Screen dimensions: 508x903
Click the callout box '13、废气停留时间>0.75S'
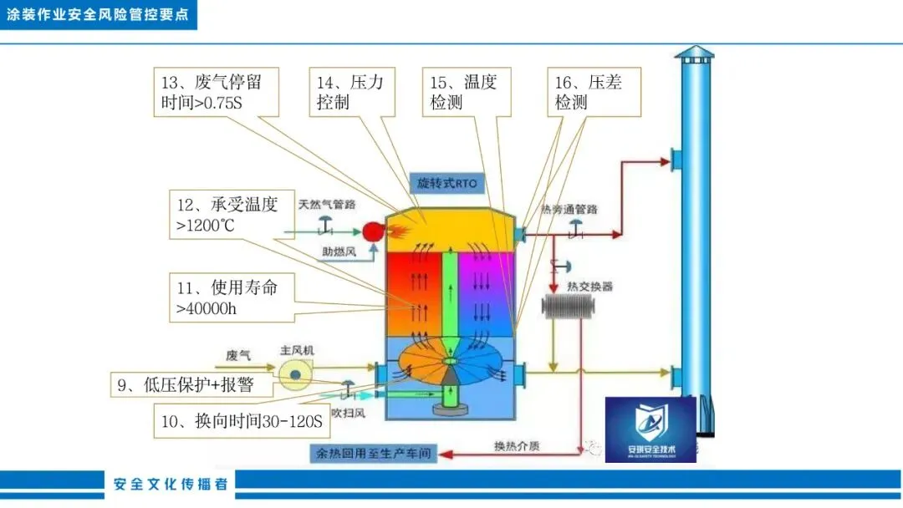click(217, 93)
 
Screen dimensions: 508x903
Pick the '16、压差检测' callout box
click(594, 93)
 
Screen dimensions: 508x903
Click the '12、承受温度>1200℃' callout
click(232, 214)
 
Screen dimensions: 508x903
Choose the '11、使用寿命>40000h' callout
click(232, 298)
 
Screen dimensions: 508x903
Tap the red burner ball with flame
click(372, 231)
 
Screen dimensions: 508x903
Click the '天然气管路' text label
click(327, 204)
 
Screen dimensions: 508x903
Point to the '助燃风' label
click(339, 251)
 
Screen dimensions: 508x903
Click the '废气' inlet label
click(237, 355)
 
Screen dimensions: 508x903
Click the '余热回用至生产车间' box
click(374, 454)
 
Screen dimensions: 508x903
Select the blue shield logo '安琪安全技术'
click(650, 429)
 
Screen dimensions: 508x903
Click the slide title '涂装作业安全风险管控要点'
click(98, 15)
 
